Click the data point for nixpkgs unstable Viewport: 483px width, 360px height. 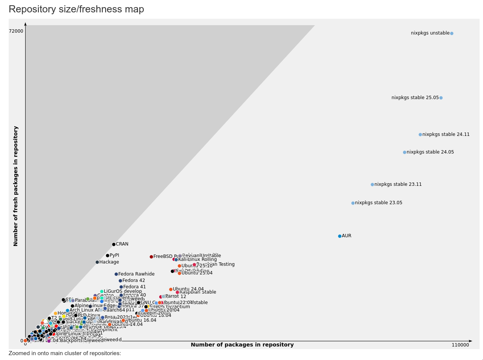451,33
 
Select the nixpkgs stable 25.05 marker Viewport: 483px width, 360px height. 441,98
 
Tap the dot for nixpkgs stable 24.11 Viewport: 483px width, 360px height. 420,134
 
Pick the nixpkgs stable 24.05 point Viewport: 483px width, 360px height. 405,152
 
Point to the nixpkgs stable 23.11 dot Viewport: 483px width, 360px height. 372,185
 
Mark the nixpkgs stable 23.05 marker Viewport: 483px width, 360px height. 353,203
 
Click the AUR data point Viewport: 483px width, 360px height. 340,236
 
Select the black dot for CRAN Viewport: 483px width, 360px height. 114,244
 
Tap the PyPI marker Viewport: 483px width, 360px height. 107,256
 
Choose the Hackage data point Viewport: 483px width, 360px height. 97,262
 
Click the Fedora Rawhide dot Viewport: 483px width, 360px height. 116,274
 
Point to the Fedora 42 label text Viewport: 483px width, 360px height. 134,280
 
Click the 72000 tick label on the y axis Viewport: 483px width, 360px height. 16,31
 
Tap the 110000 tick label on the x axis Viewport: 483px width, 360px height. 460,345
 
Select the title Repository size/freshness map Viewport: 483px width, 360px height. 76,9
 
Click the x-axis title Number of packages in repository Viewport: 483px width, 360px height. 242,345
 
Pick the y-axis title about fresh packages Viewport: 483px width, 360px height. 16,186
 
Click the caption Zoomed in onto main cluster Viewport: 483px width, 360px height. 65,353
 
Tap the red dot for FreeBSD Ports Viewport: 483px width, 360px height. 151,257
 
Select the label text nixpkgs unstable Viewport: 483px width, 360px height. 430,33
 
